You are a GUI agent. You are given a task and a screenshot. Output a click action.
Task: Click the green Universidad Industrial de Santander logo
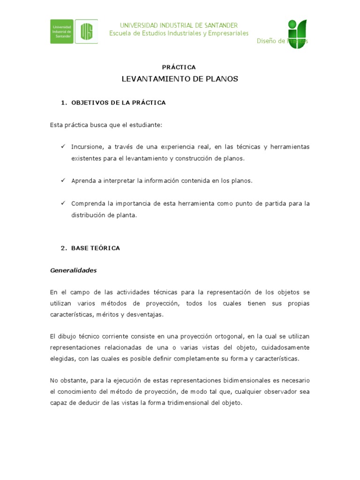click(x=74, y=31)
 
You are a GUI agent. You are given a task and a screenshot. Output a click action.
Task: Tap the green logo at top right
click(x=297, y=34)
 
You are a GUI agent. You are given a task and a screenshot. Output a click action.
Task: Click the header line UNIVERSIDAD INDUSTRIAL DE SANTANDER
click(x=179, y=25)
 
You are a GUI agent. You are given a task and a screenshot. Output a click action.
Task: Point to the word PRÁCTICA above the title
click(x=179, y=67)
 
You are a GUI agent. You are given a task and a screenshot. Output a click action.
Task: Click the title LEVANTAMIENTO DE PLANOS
click(x=180, y=79)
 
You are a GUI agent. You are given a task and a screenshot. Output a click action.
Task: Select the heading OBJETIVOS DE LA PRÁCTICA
click(x=119, y=103)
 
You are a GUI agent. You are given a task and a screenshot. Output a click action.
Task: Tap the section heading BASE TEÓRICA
click(x=96, y=248)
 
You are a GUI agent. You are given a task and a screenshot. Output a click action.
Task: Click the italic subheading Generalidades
click(x=74, y=270)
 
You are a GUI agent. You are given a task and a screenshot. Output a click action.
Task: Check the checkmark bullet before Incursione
click(x=62, y=147)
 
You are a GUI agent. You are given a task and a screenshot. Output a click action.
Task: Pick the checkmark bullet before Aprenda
click(x=62, y=180)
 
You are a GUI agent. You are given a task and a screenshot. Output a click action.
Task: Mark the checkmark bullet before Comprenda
click(x=62, y=203)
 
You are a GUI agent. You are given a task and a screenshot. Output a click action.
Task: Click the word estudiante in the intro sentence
click(x=144, y=125)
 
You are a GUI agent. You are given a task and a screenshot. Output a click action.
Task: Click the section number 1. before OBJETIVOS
click(x=64, y=103)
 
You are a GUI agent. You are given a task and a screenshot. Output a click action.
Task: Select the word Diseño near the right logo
click(x=266, y=41)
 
